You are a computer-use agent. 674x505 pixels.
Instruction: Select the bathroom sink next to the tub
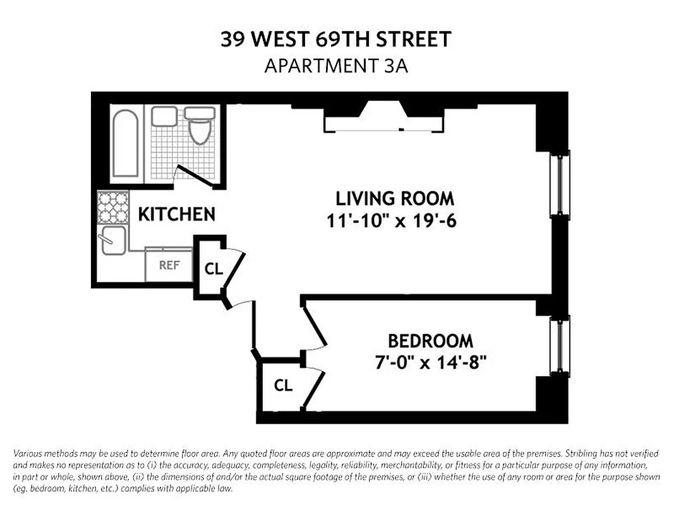164,116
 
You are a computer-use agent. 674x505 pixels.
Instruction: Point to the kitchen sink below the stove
114,241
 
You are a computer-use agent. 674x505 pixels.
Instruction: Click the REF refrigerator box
169,265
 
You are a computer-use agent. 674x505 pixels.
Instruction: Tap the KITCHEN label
177,215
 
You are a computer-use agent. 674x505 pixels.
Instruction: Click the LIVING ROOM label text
394,198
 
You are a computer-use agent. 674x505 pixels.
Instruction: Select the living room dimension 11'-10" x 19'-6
394,222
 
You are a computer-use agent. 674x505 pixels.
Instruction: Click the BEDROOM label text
430,341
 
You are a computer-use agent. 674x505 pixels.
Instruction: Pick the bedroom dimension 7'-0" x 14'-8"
430,364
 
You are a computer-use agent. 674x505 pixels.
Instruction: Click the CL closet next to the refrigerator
214,268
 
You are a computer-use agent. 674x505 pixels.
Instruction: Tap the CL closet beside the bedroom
284,384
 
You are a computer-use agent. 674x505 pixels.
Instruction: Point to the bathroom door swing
195,175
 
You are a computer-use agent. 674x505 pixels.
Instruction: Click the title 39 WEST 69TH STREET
336,40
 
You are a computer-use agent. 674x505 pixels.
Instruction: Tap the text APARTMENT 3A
336,66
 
